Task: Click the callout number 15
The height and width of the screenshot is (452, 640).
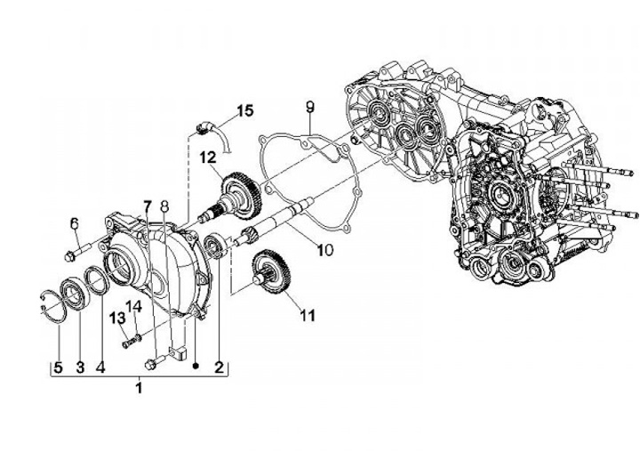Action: pyautogui.click(x=244, y=111)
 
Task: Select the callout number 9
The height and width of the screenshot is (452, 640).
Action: pyautogui.click(x=309, y=108)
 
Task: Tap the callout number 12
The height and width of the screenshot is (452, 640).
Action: pyautogui.click(x=207, y=158)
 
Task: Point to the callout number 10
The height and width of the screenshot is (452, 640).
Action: pyautogui.click(x=324, y=250)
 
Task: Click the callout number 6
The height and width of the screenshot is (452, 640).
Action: pyautogui.click(x=74, y=223)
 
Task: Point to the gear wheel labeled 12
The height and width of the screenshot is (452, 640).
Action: pyautogui.click(x=238, y=189)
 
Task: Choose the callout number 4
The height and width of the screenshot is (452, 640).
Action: pyautogui.click(x=100, y=367)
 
